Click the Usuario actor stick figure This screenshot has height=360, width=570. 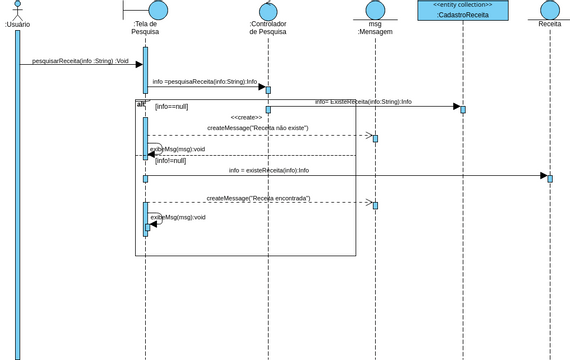[x=17, y=9]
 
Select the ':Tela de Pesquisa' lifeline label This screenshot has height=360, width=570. [x=145, y=27]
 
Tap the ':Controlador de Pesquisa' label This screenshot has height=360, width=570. [x=268, y=27]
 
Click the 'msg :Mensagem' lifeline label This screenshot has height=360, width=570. [x=375, y=27]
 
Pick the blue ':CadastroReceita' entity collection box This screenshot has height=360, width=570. [x=462, y=10]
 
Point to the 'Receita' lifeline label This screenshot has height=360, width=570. [x=549, y=23]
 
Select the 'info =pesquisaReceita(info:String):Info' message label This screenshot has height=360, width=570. [x=204, y=82]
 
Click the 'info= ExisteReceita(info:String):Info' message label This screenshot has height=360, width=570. [x=363, y=102]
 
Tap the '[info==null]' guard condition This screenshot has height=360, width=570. [x=171, y=106]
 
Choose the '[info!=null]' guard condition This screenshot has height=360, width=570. [x=170, y=160]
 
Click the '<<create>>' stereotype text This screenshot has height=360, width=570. [x=246, y=117]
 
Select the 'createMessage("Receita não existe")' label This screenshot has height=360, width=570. [x=257, y=128]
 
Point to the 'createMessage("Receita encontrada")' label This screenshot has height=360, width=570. [x=258, y=198]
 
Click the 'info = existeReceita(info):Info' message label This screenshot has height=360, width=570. [x=268, y=170]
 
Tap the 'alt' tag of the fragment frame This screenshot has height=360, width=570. [x=141, y=104]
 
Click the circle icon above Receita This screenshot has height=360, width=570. [x=550, y=10]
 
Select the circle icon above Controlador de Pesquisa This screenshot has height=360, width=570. [x=268, y=11]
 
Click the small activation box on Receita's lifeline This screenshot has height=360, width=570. [x=549, y=178]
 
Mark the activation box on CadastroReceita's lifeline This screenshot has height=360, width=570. [x=462, y=109]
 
